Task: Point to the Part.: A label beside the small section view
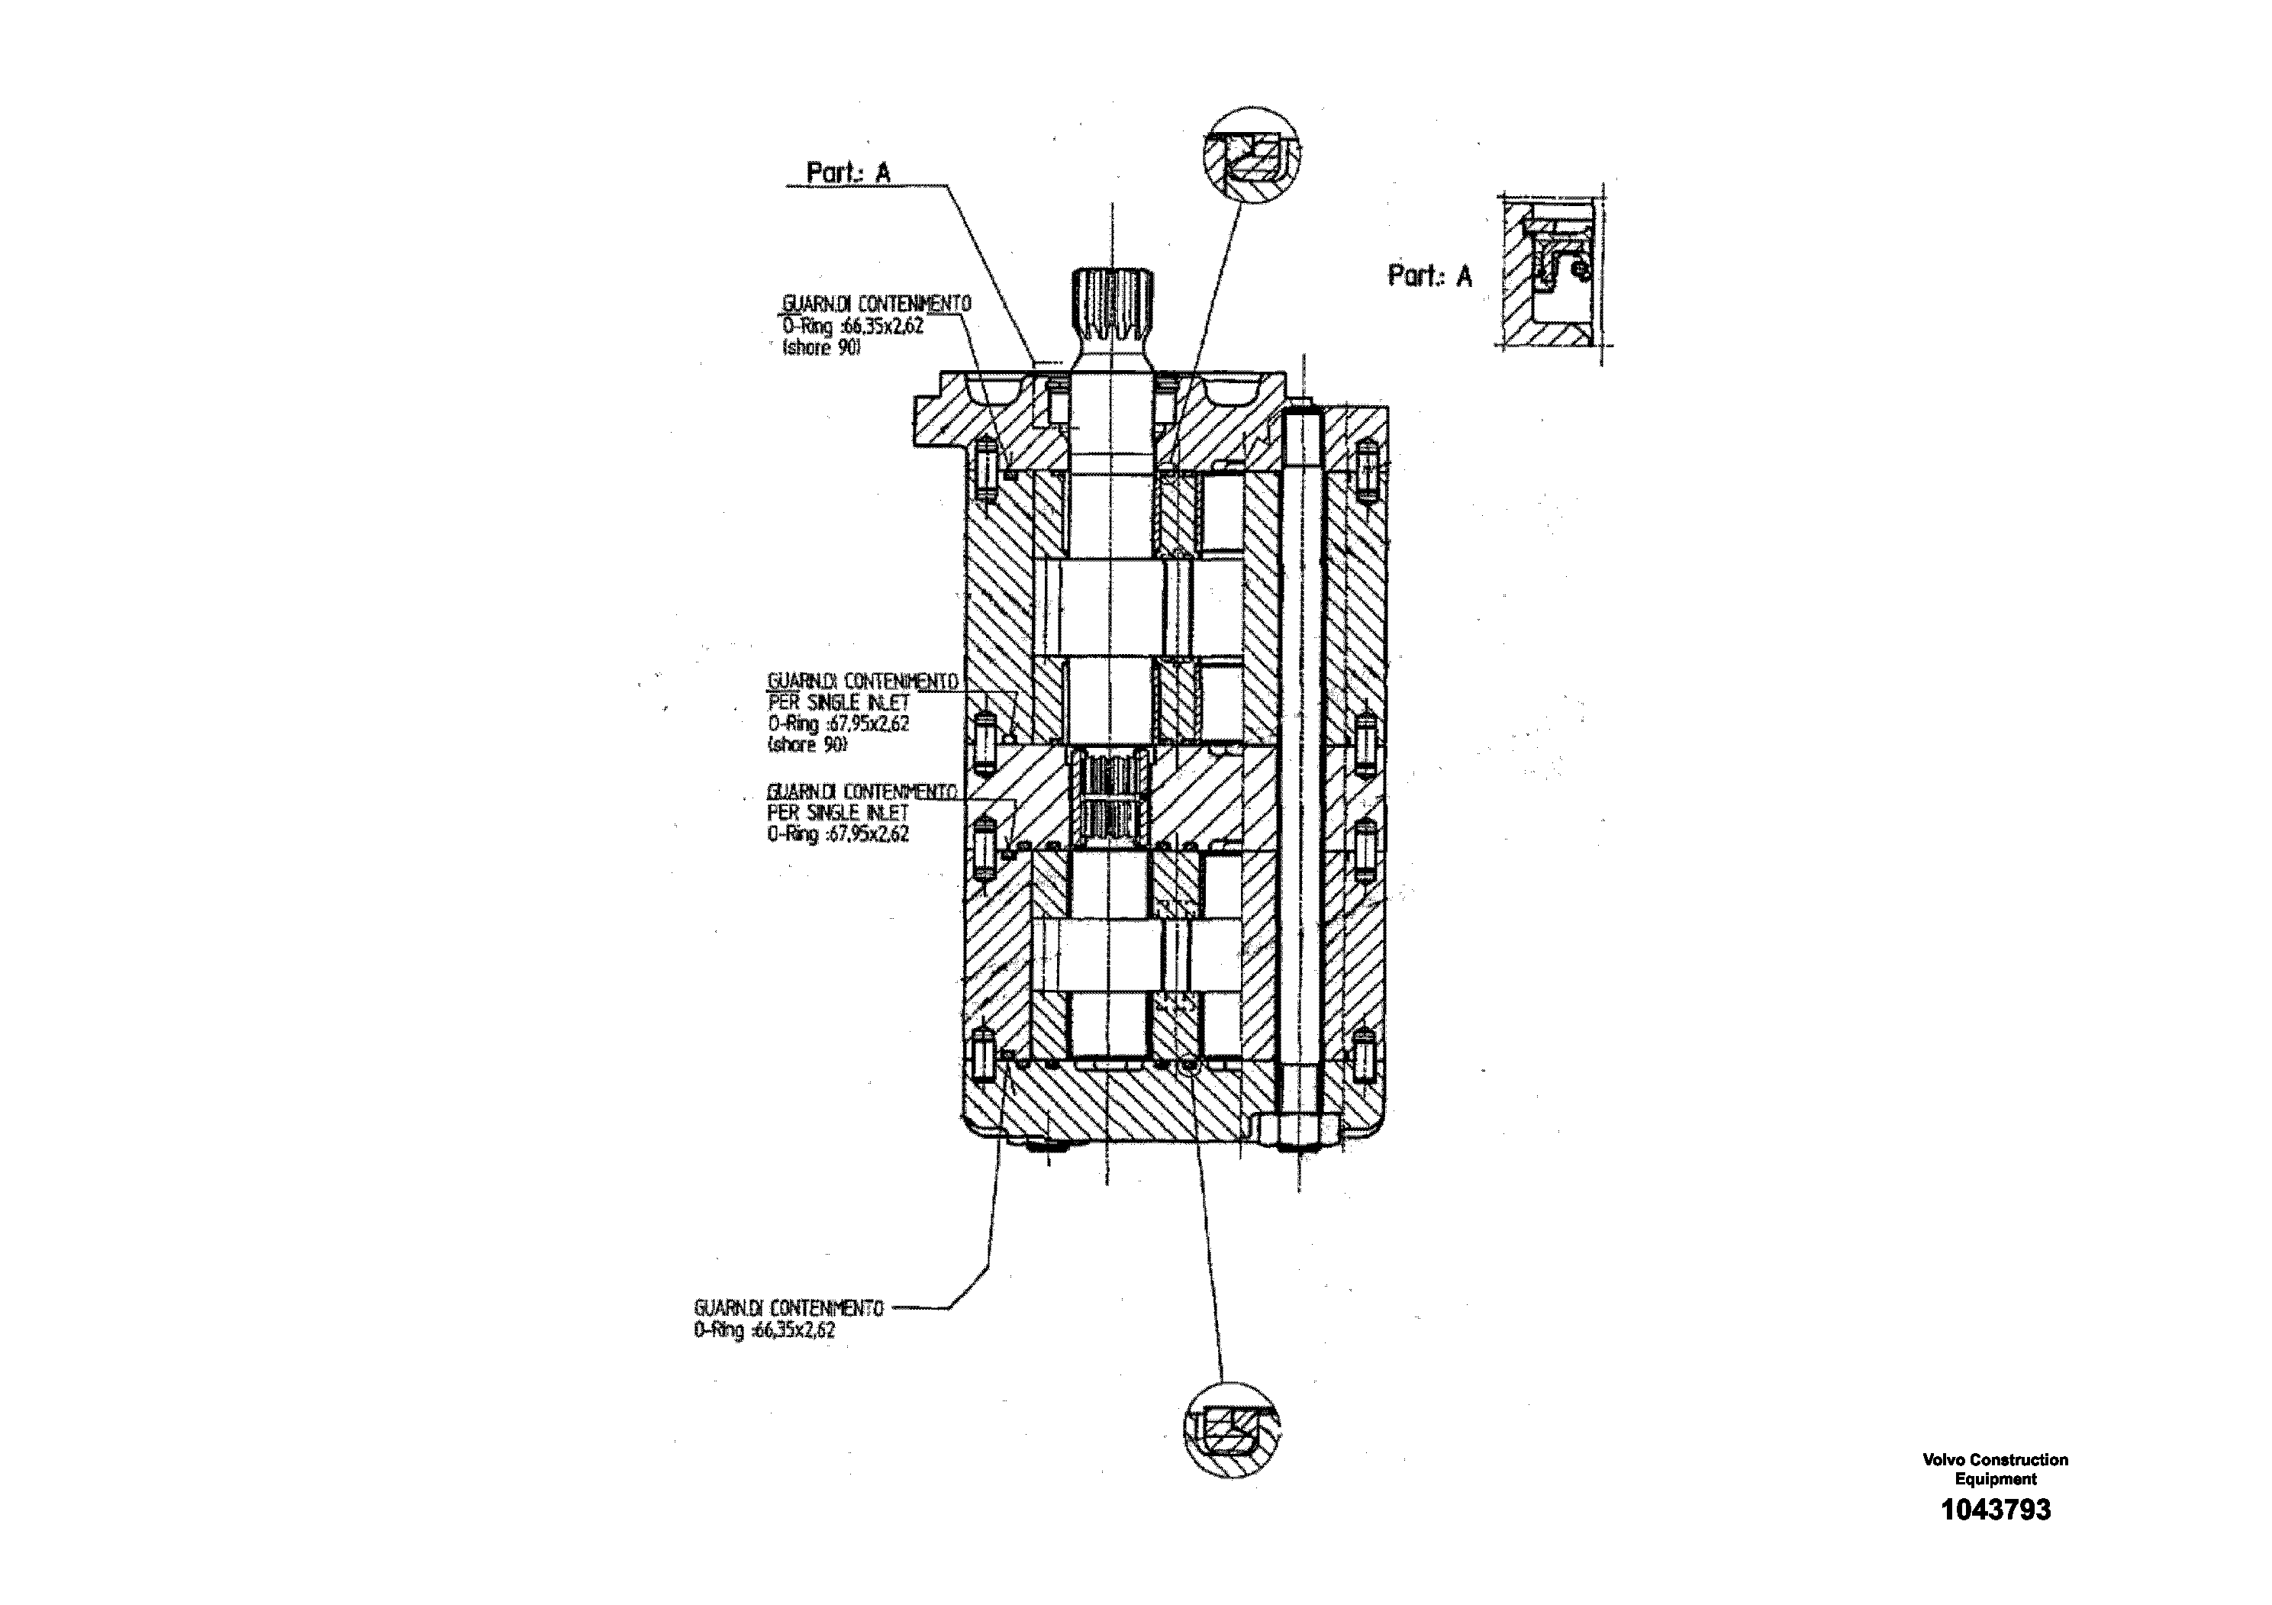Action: point(1430,276)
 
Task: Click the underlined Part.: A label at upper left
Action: point(848,173)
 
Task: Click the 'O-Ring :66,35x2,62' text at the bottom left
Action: point(764,1330)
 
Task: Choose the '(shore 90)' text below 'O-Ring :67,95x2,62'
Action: point(807,744)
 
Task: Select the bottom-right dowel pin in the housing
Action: point(1365,1055)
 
